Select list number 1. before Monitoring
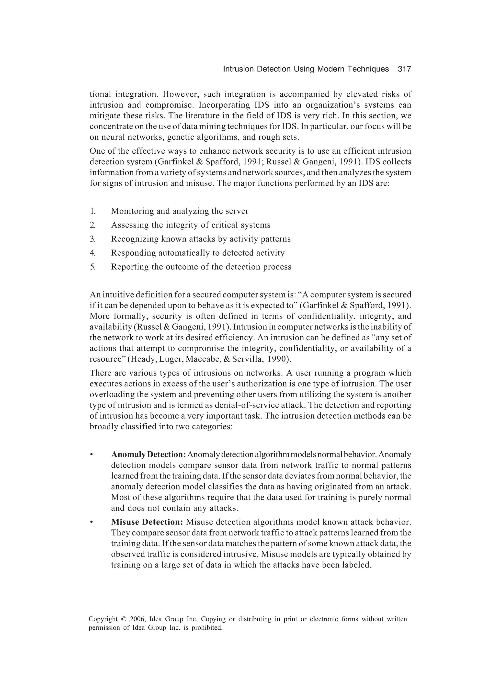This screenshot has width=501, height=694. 93,211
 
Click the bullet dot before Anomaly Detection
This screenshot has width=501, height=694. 91,455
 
